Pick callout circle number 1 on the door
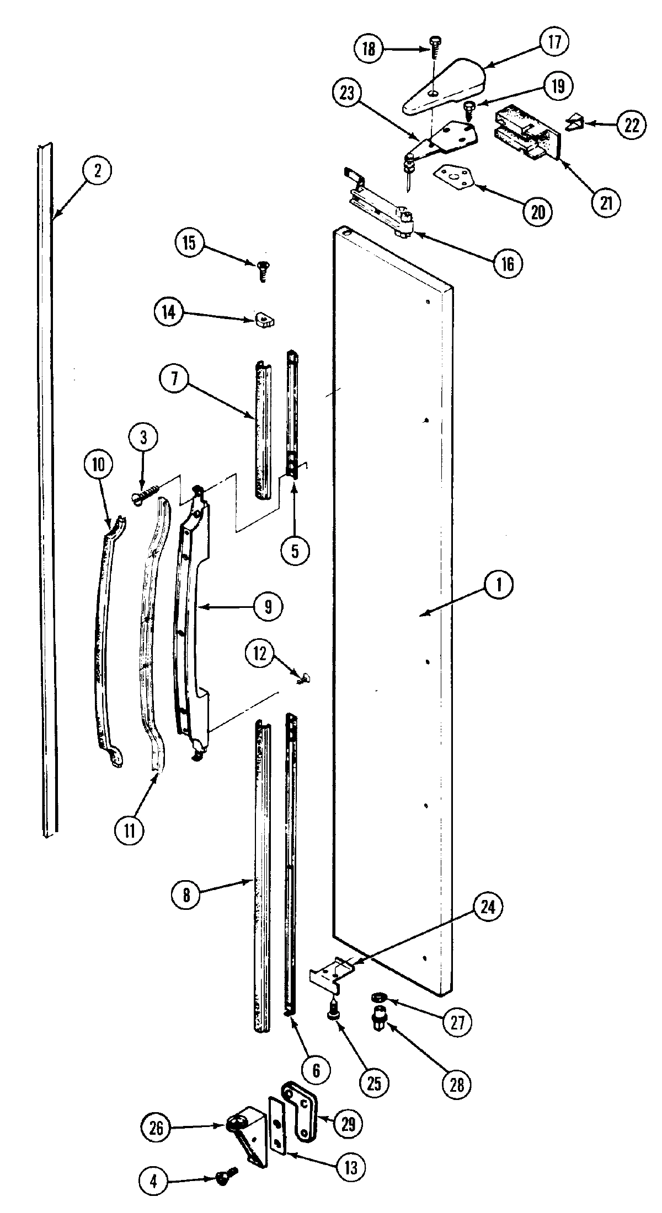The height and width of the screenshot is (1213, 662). coord(499,585)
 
